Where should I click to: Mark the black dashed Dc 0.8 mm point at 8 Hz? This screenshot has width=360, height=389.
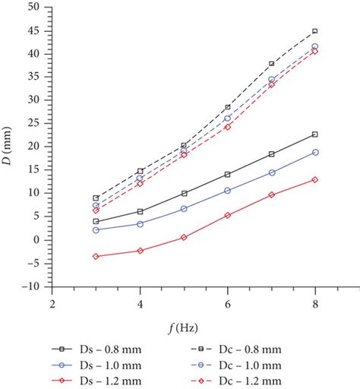pos(315,31)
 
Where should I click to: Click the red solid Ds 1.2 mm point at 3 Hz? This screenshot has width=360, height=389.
pos(95,256)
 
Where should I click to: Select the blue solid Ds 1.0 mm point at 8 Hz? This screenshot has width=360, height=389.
pos(315,152)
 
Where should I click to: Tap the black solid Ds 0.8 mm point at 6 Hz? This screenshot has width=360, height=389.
pos(227,174)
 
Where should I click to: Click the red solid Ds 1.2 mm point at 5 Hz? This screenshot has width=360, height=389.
pos(183,237)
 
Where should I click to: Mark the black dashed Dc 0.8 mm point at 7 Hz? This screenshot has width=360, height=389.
pos(271,64)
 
